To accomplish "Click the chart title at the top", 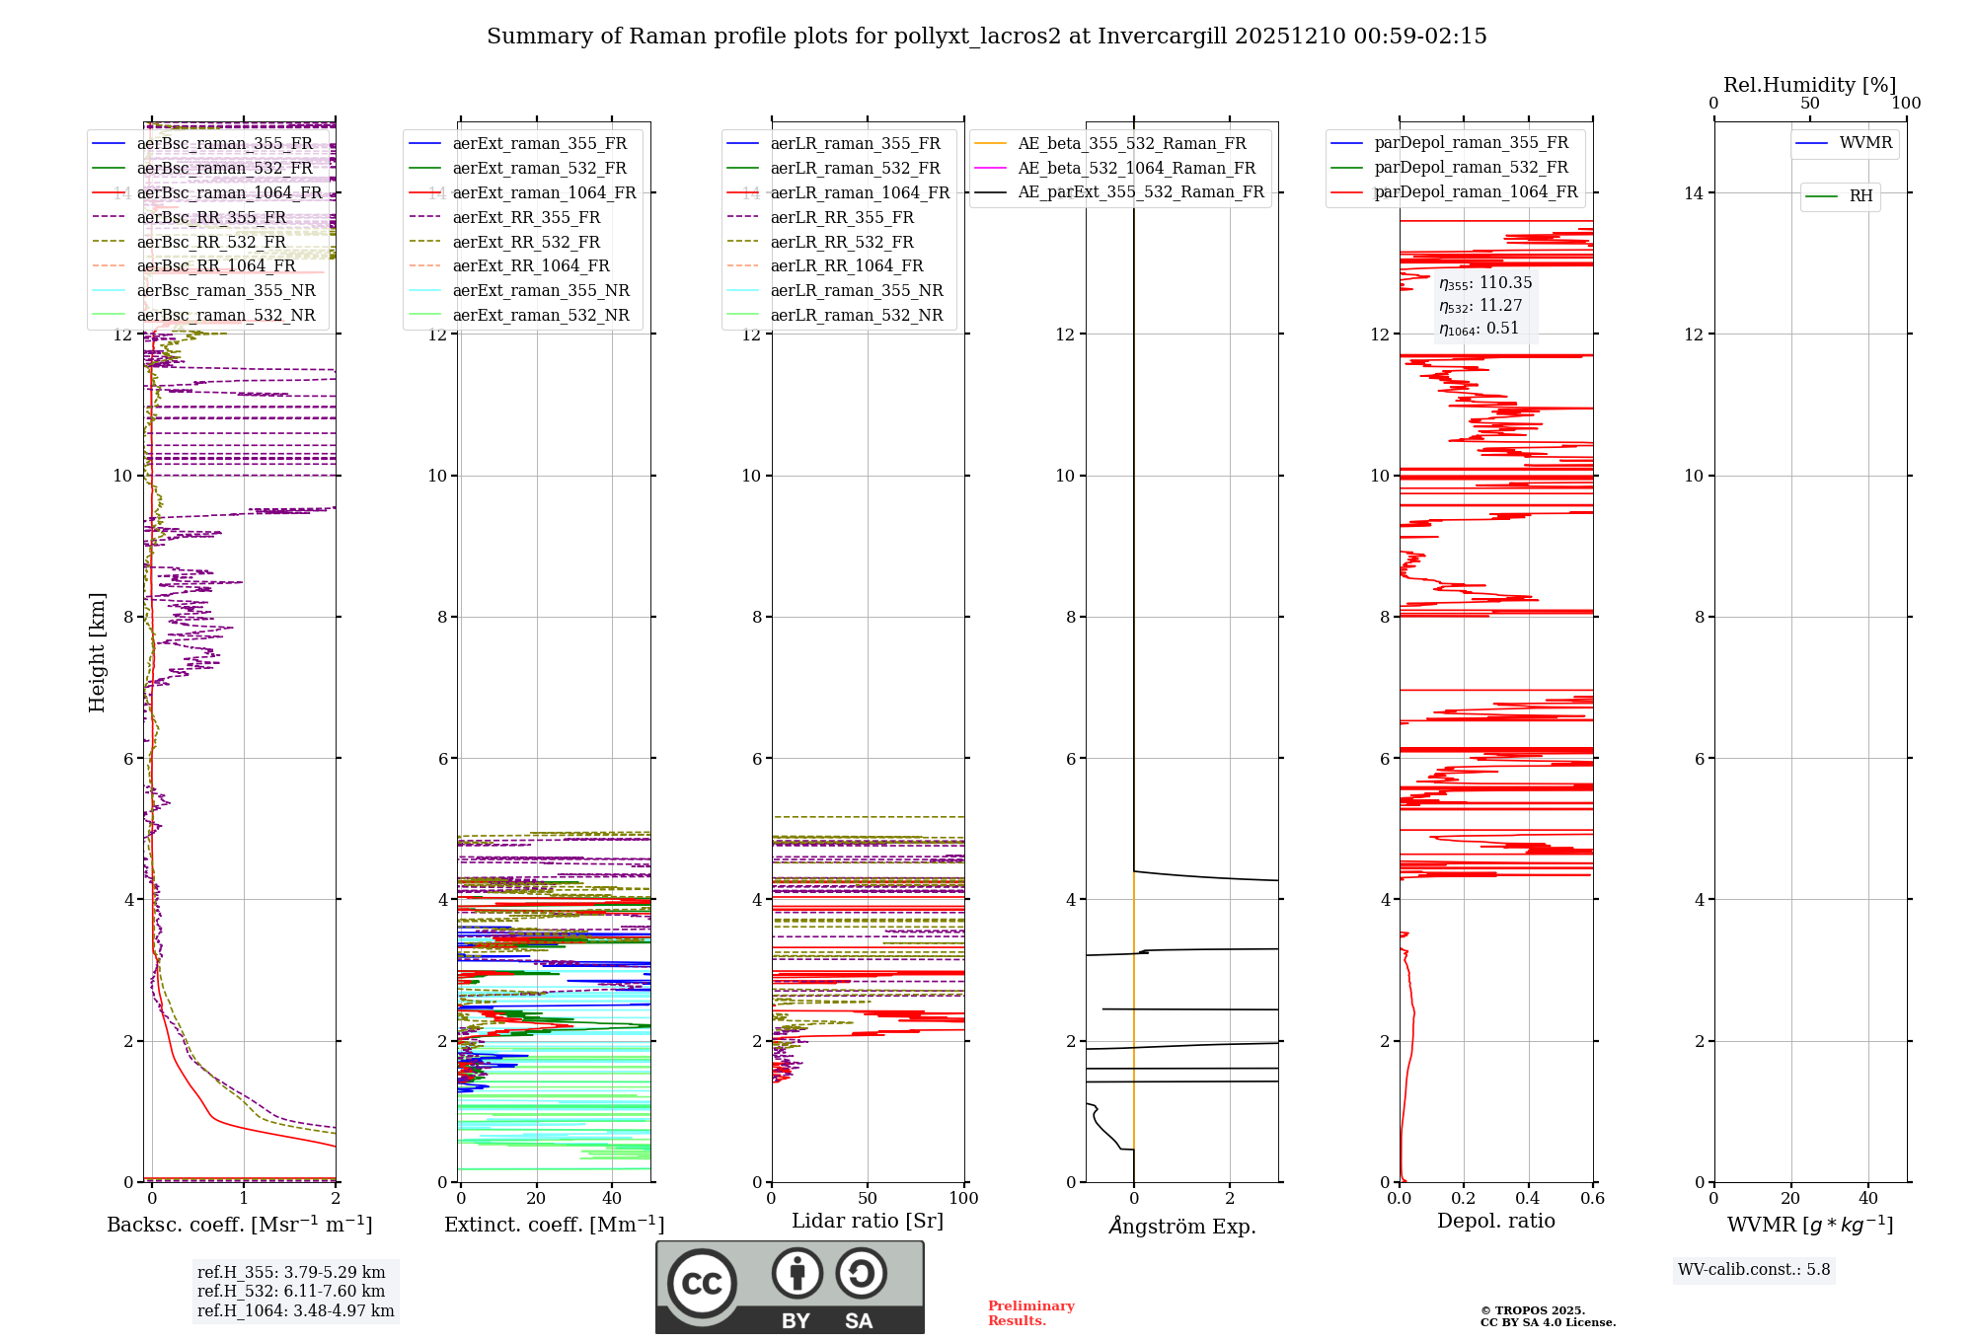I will point(986,37).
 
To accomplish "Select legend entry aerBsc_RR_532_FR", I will point(211,242).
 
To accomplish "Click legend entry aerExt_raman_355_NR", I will point(541,290).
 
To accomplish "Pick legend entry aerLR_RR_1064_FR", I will point(847,265).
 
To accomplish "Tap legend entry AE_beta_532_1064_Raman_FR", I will point(1136,168).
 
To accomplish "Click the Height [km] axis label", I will point(97,652).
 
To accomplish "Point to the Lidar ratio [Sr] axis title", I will point(868,1221).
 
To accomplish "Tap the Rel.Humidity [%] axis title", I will point(1809,85).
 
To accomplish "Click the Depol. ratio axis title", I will point(1495,1221).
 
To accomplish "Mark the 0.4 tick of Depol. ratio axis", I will point(1528,1198).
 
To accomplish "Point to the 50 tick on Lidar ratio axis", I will point(868,1198).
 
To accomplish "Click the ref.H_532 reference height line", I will point(291,1291).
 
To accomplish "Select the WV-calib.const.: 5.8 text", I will point(1754,1269).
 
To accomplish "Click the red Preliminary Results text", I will point(1030,1312).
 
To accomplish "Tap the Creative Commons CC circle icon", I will point(702,1283).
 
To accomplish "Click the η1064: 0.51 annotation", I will point(1479,329).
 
